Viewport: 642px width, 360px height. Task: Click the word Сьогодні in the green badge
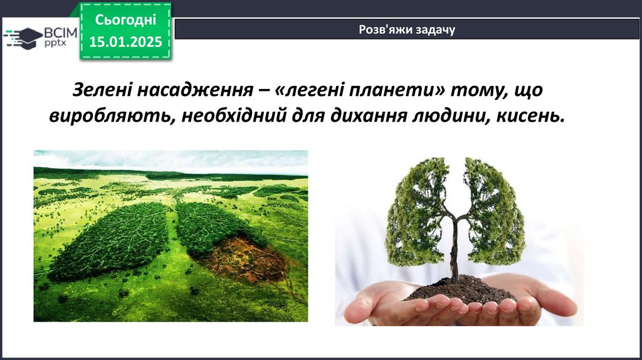pos(125,20)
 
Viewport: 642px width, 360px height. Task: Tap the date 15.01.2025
pos(125,42)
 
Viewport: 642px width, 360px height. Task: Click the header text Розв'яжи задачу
pos(407,30)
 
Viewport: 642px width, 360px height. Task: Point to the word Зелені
pos(102,90)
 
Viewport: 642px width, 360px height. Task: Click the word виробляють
pos(113,116)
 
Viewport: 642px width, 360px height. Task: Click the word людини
pos(451,116)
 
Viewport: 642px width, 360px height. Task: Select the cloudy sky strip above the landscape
pos(171,161)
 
